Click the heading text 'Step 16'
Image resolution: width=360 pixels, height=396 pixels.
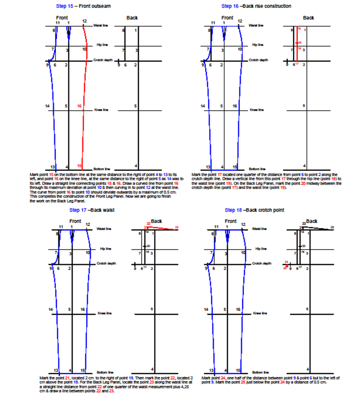[229, 6]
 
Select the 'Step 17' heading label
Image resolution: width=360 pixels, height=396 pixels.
[77, 210]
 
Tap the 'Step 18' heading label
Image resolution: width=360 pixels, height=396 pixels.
[233, 210]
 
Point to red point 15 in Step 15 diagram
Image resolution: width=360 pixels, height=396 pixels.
[79, 166]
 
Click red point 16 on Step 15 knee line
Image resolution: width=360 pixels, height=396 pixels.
[79, 106]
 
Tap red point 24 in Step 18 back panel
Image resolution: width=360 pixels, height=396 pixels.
[286, 262]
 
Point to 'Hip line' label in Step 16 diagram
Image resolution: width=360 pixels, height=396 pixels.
[258, 45]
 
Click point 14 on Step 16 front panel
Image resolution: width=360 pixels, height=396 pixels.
[203, 106]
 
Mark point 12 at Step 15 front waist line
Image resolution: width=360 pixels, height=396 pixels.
[84, 21]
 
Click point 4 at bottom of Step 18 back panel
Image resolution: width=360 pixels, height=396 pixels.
[308, 369]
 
